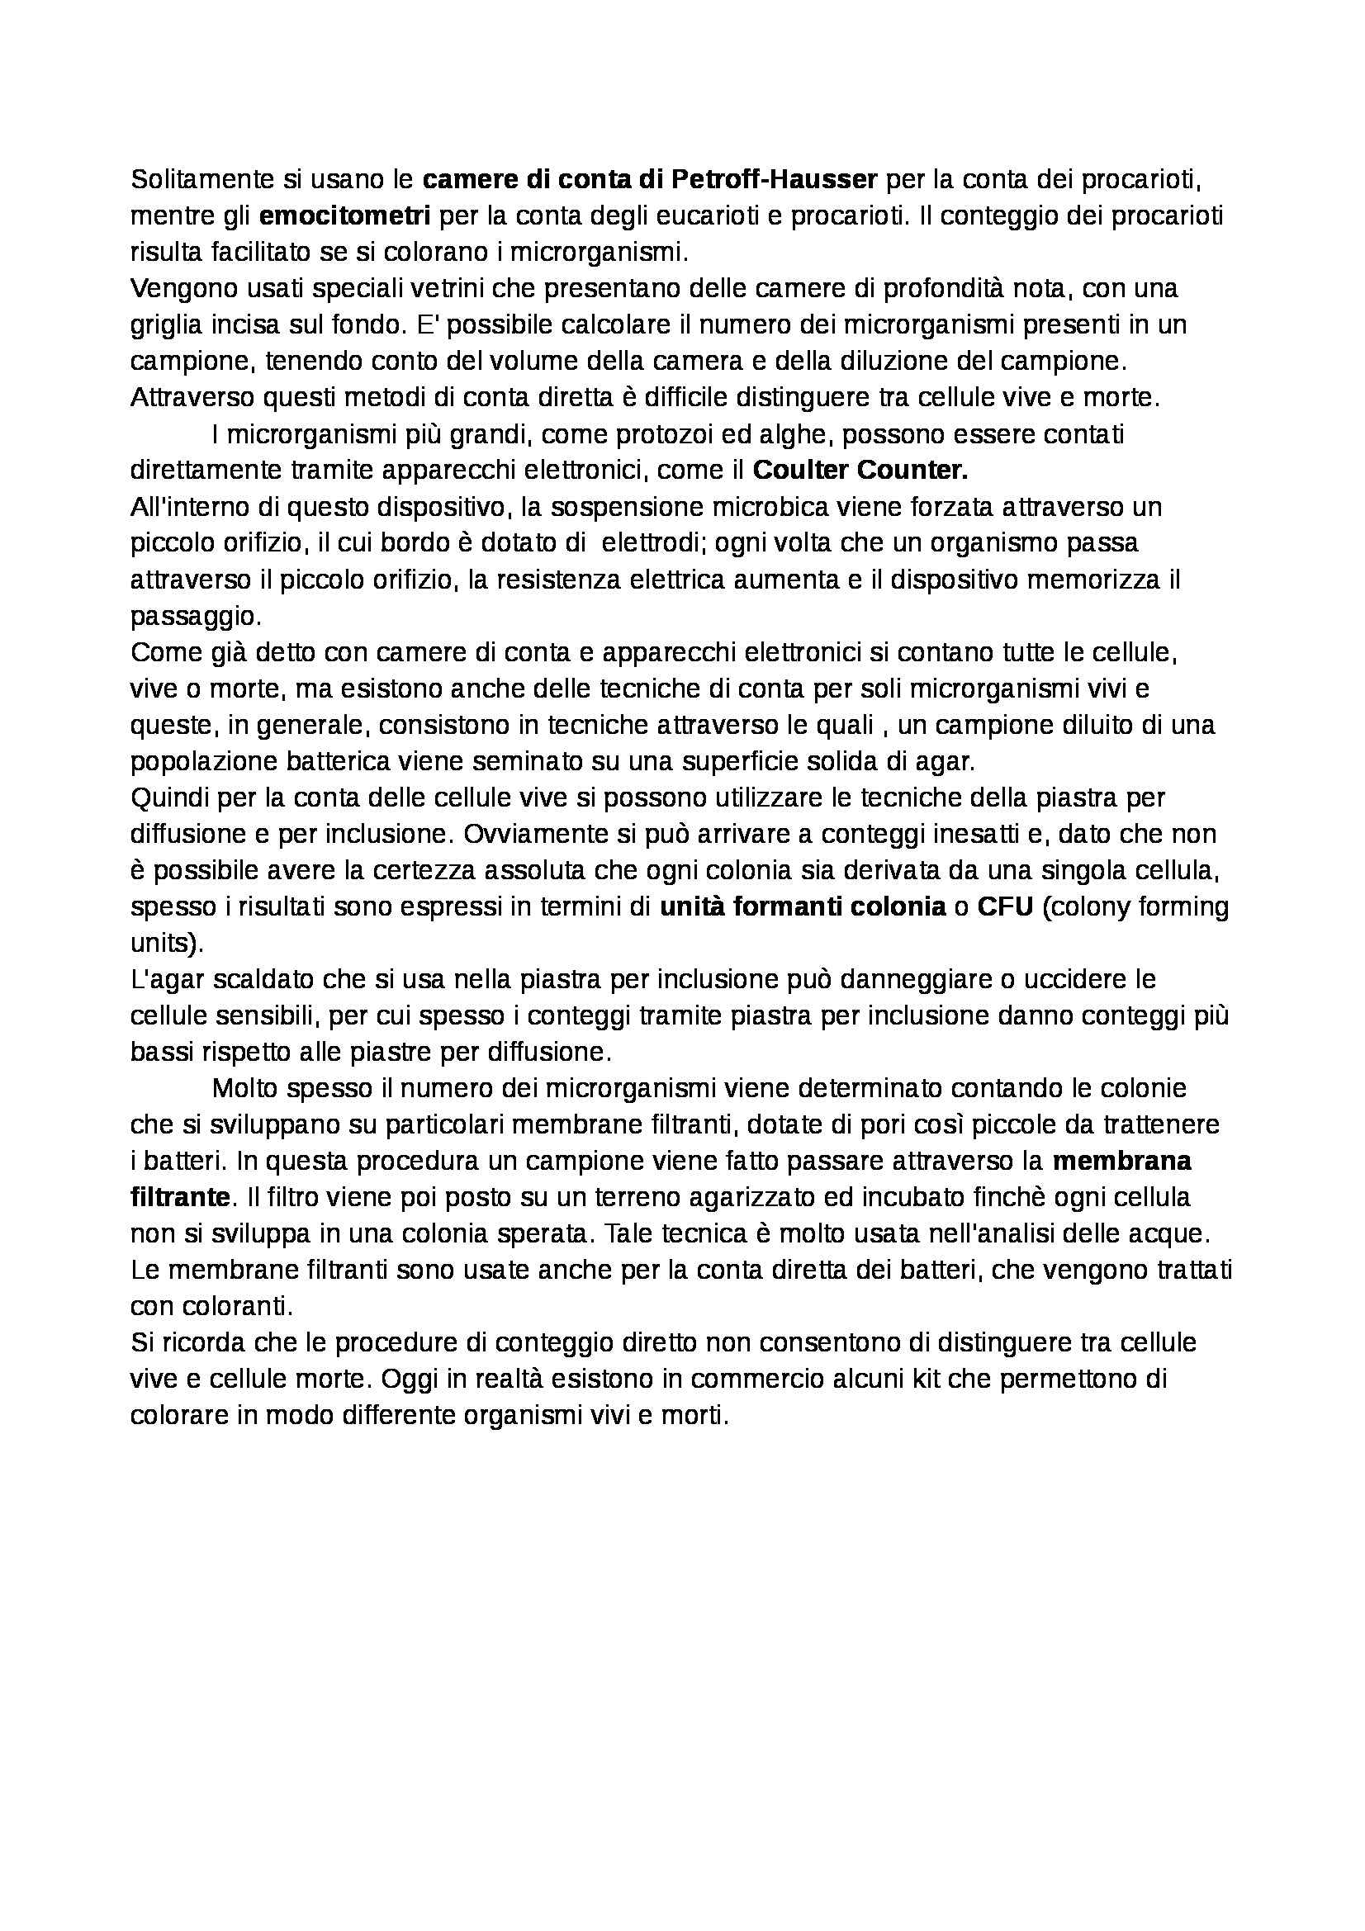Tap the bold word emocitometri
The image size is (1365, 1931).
(x=345, y=216)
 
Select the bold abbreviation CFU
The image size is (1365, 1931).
(x=1005, y=907)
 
